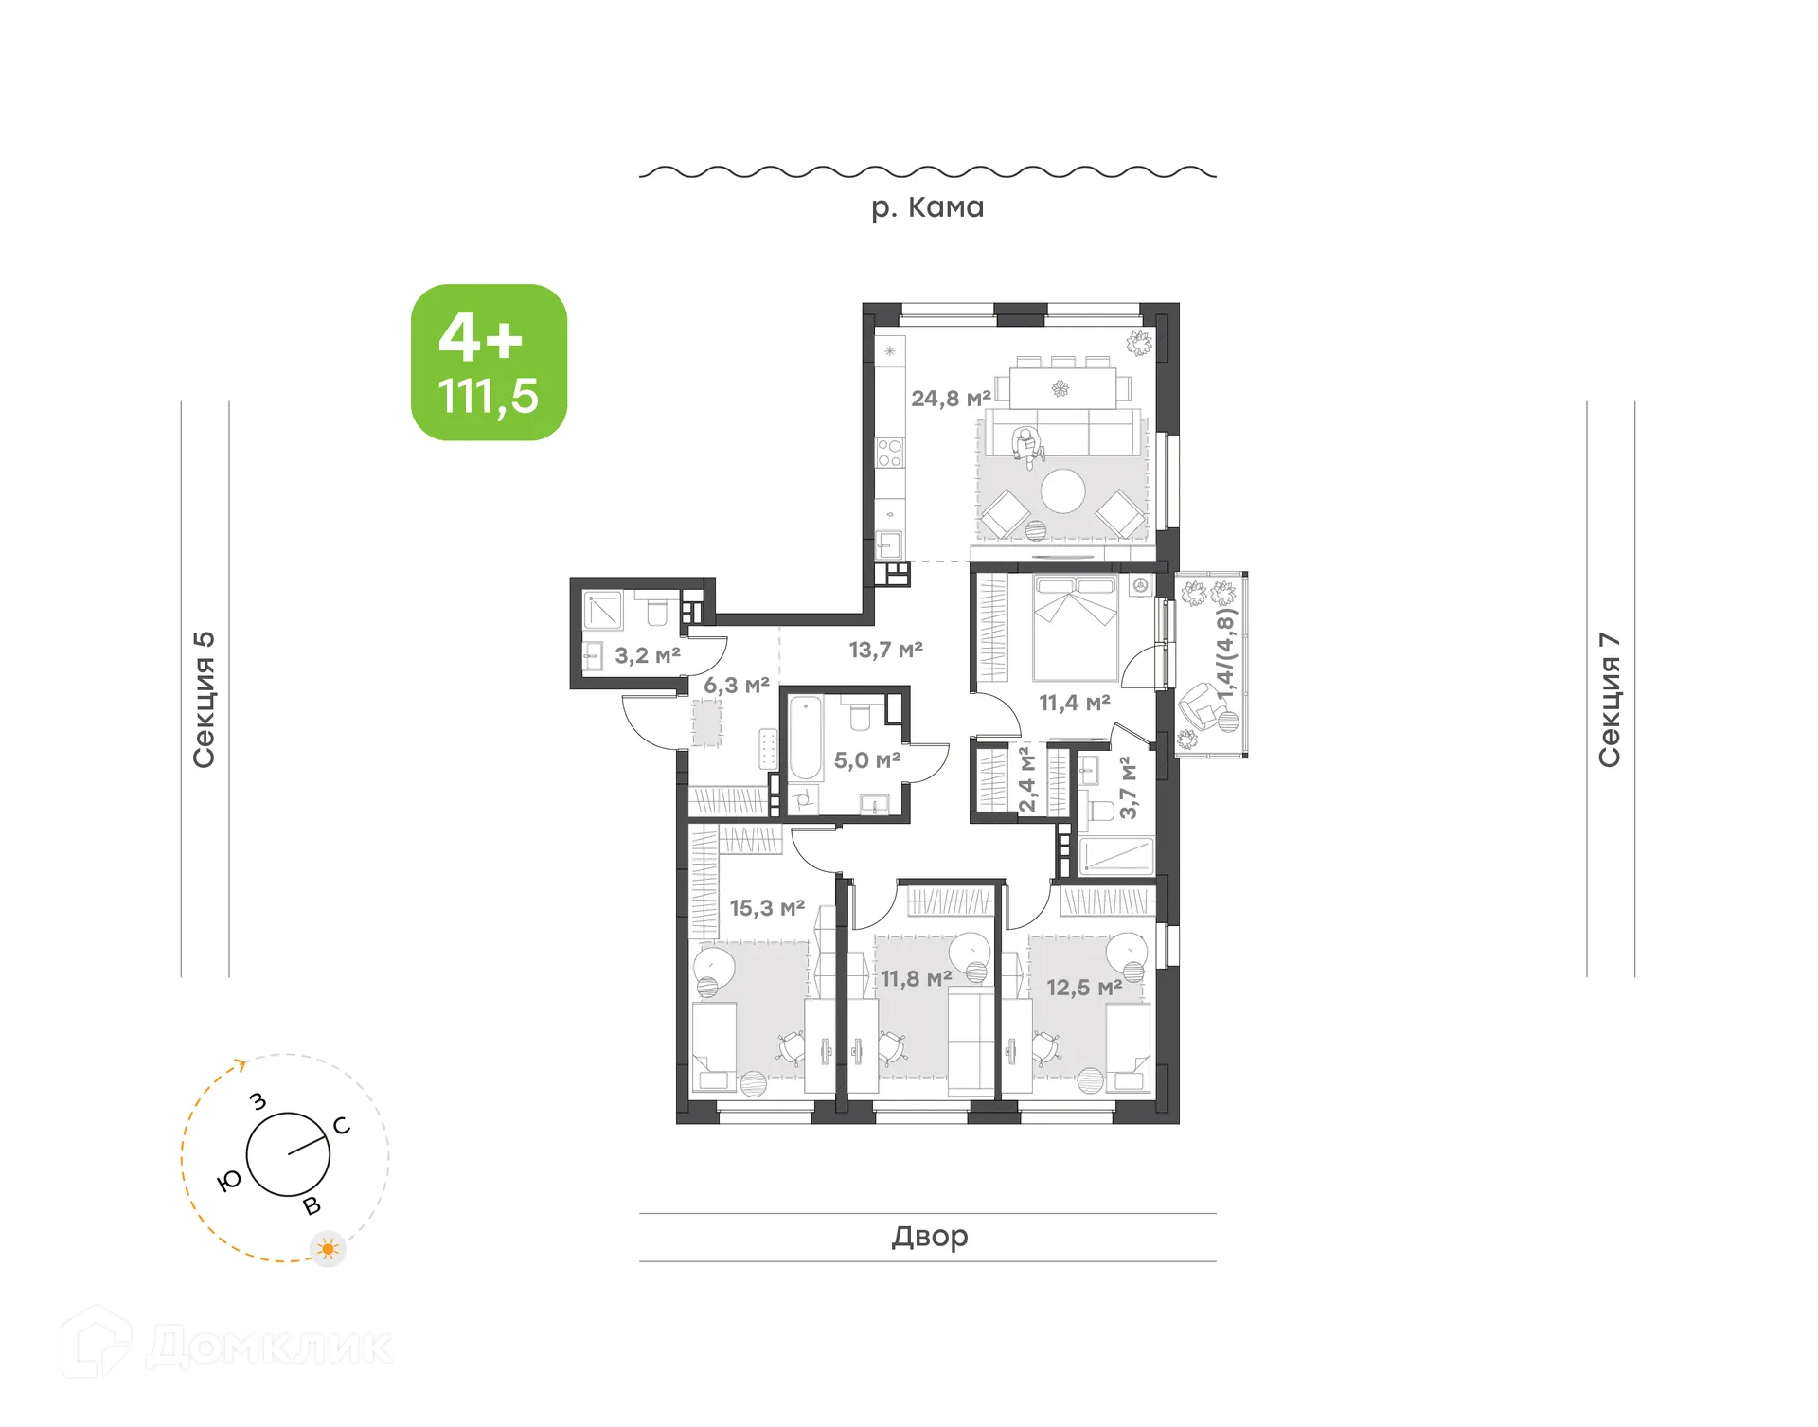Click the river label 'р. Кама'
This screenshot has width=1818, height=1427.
927,207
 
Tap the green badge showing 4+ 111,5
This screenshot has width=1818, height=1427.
489,363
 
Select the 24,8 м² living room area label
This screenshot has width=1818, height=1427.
951,399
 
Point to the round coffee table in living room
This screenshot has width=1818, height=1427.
1062,491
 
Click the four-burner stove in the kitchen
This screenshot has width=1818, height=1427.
889,453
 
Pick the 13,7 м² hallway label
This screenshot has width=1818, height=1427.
885,650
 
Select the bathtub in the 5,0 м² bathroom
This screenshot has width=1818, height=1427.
806,739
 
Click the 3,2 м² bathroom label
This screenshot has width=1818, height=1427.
648,655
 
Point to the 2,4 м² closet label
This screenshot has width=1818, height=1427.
1027,780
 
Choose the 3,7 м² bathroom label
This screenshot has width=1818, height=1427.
1128,788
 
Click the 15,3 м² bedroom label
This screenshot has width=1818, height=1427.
767,908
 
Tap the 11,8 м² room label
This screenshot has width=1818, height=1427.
916,978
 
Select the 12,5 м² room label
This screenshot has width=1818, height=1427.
1084,988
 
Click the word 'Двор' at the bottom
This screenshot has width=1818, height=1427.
929,1237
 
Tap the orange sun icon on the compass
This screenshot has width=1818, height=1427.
328,1249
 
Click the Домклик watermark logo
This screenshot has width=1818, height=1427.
227,1346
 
